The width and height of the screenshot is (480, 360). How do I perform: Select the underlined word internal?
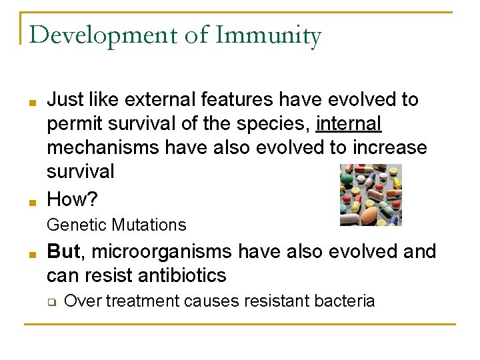point(349,123)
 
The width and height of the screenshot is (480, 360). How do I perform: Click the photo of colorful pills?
point(371,195)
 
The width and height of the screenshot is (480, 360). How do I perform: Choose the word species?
point(277,123)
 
